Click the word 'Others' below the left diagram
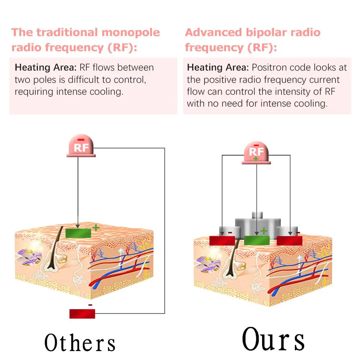pyautogui.click(x=80, y=342)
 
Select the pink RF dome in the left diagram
pyautogui.click(x=81, y=147)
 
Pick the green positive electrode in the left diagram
pyautogui.click(x=78, y=233)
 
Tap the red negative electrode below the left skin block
pyautogui.click(x=82, y=314)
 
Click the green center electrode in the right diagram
pyautogui.click(x=257, y=240)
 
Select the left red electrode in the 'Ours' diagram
pyautogui.click(x=222, y=240)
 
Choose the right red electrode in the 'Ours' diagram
pyautogui.click(x=289, y=240)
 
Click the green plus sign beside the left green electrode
pyautogui.click(x=95, y=228)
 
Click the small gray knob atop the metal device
pyautogui.click(x=257, y=215)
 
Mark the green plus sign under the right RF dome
pyautogui.click(x=256, y=159)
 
